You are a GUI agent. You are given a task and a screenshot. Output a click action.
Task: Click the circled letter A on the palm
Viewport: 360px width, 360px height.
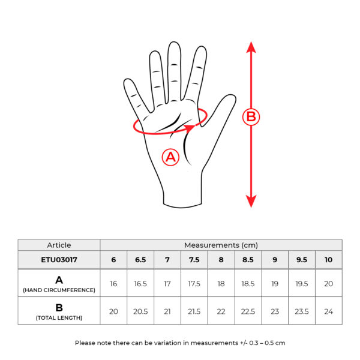[170, 157]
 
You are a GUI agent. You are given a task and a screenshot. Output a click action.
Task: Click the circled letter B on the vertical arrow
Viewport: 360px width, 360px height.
[251, 116]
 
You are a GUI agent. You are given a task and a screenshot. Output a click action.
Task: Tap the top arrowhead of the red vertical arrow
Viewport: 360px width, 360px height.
[251, 47]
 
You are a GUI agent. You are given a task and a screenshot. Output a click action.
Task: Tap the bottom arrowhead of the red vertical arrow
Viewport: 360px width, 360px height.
[251, 202]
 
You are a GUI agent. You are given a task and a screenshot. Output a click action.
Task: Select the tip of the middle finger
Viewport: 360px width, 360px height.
[174, 43]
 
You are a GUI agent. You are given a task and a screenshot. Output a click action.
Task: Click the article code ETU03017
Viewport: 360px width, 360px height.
[59, 260]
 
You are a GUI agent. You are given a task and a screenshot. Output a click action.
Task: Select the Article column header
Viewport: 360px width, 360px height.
[59, 245]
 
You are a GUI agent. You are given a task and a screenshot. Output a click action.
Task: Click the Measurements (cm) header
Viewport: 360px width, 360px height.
[221, 245]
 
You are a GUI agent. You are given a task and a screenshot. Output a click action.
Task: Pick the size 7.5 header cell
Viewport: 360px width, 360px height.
[194, 260]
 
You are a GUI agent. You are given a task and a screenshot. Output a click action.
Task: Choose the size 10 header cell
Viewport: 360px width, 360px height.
[329, 260]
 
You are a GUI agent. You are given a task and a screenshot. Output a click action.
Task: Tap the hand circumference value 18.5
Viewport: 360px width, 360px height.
[248, 284]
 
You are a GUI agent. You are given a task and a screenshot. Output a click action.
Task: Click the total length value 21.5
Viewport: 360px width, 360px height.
[194, 311]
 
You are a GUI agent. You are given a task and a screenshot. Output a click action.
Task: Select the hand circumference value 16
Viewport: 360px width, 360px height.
[113, 284]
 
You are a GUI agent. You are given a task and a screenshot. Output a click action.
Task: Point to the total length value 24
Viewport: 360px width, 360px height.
[329, 311]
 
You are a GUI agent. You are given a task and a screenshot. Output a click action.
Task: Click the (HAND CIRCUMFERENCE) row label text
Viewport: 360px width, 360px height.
[59, 290]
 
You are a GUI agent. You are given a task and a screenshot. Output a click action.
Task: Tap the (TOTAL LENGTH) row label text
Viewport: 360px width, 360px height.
[59, 318]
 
